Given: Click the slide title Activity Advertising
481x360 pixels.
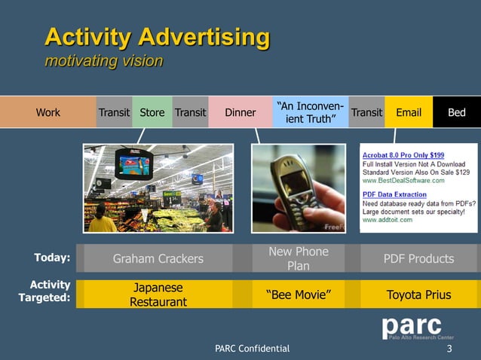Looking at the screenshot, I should point(157,37).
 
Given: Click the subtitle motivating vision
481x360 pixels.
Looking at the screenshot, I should point(103,61).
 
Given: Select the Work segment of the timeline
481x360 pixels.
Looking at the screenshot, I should point(47,113).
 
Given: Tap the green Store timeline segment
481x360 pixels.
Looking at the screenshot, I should point(152,113).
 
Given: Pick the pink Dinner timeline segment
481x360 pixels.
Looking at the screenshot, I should point(240,113).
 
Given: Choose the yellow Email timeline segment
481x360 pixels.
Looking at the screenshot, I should point(409,113).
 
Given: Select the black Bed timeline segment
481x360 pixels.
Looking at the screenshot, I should point(456,113).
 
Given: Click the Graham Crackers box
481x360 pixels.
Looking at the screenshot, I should point(158,258).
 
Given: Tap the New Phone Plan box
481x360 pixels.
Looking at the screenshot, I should point(299,258).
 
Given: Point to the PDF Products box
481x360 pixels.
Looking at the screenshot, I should point(418,258).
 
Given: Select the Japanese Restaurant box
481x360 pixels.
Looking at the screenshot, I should point(158,294).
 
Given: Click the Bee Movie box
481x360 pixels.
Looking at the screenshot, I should point(299,294).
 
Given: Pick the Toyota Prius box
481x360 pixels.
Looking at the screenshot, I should point(418,294).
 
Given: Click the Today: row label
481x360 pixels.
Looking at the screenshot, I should point(52,258).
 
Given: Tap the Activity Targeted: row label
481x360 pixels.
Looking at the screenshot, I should point(44,291).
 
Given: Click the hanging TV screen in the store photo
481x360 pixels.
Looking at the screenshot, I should point(133,161).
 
